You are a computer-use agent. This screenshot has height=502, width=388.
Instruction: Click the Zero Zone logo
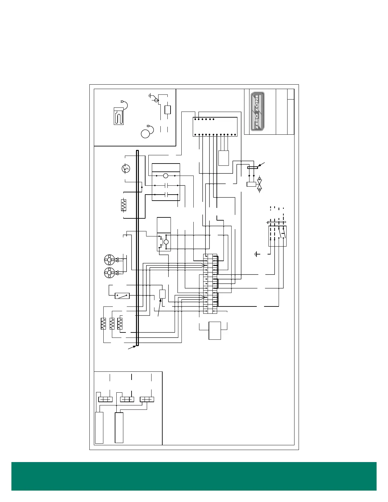coord(257,111)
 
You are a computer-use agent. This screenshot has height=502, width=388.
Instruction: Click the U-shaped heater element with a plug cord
coord(119,116)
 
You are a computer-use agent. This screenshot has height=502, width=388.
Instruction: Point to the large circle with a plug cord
coord(145,133)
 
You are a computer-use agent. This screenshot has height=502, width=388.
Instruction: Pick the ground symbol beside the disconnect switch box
coord(257,254)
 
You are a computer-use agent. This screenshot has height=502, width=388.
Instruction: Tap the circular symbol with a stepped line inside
coord(126,169)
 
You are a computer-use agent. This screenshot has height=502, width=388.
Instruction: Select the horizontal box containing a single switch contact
coord(122,296)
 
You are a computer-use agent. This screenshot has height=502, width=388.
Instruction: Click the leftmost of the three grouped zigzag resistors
coord(103,324)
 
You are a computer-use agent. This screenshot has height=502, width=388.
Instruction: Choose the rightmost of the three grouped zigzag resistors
coord(120,324)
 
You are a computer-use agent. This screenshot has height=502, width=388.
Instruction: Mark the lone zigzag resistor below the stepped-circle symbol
coord(123,205)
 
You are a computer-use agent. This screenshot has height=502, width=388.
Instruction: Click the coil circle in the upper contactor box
coord(165,176)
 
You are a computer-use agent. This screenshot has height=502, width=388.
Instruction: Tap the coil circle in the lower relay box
coord(166,242)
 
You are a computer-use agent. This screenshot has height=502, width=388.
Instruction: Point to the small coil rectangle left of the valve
coord(251,184)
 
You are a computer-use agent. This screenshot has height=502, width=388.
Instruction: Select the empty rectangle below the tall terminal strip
coord(215,331)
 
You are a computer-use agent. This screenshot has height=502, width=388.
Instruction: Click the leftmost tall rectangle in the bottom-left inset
coord(99,428)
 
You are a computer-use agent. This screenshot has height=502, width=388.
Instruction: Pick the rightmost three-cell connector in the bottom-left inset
coord(147,399)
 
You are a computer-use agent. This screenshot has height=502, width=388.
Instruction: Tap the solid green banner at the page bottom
coord(194,476)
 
